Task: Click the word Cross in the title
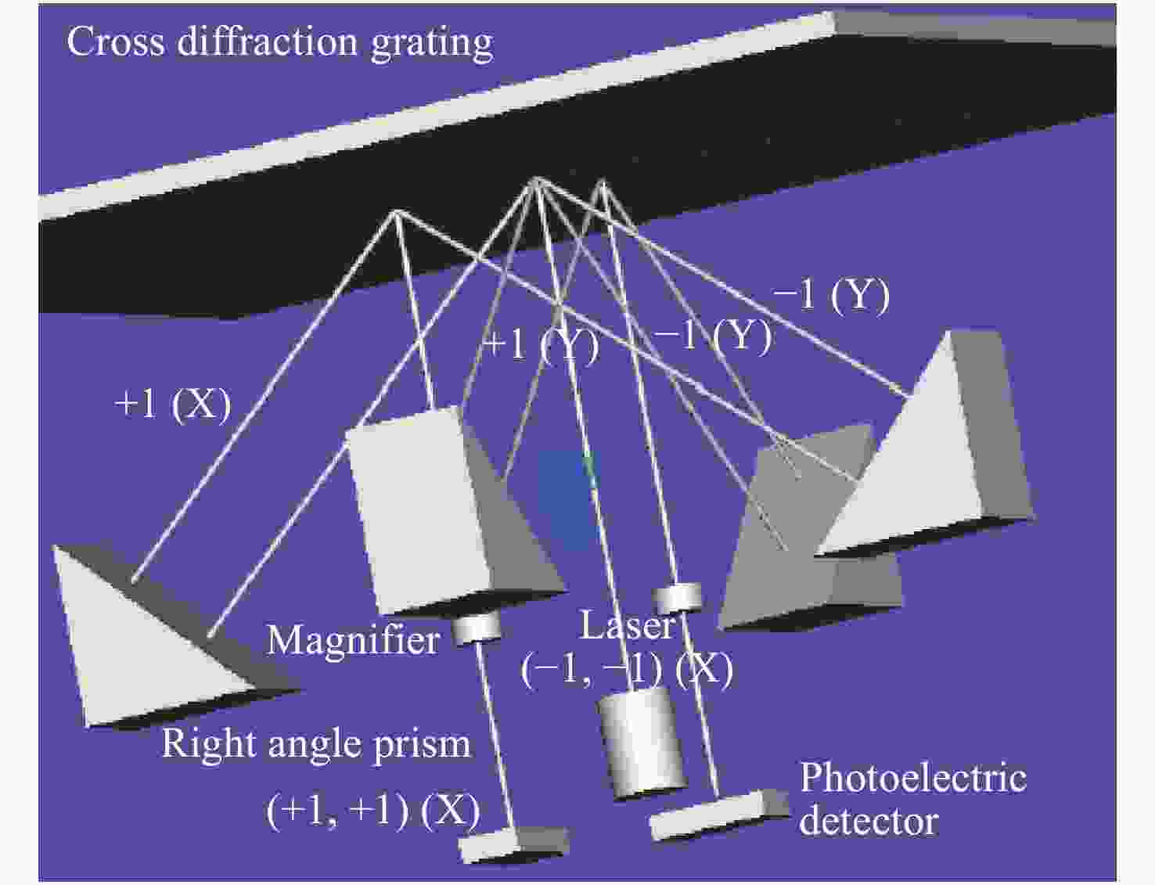coord(115,41)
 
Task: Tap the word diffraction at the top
coord(267,41)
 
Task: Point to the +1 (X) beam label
coord(173,405)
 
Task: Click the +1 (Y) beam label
coord(542,347)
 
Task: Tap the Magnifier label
coord(354,640)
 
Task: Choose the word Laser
coord(628,626)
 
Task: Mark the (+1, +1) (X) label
coord(373,811)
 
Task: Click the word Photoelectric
coord(913,779)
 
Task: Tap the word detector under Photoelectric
coord(869,822)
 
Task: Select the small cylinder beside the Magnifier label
coord(476,628)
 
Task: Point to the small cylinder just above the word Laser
coord(677,598)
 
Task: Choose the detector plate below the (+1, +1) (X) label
coord(513,844)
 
